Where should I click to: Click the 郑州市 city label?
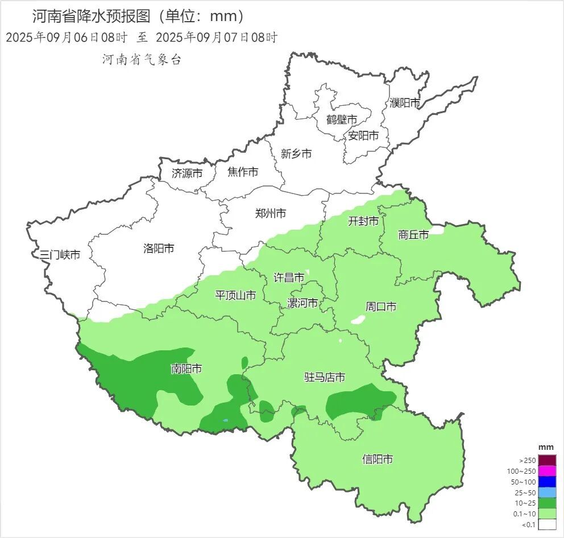271,213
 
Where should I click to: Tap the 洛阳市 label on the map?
159,248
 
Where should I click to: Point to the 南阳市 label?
186,369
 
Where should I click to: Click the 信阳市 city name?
378,459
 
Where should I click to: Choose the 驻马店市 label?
325,377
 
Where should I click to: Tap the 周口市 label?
381,307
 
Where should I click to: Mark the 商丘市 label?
413,234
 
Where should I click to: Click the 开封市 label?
363,221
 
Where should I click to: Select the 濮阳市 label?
405,103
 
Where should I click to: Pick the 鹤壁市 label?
342,120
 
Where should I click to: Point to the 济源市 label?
186,173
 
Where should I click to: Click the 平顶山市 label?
235,295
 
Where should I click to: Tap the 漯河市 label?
302,303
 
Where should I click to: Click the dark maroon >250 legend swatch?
547,460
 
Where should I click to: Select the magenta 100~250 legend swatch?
547,471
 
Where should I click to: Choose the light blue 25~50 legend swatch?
547,493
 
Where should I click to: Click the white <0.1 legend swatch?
547,525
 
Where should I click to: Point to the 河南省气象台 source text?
142,60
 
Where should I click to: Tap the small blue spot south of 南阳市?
226,421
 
